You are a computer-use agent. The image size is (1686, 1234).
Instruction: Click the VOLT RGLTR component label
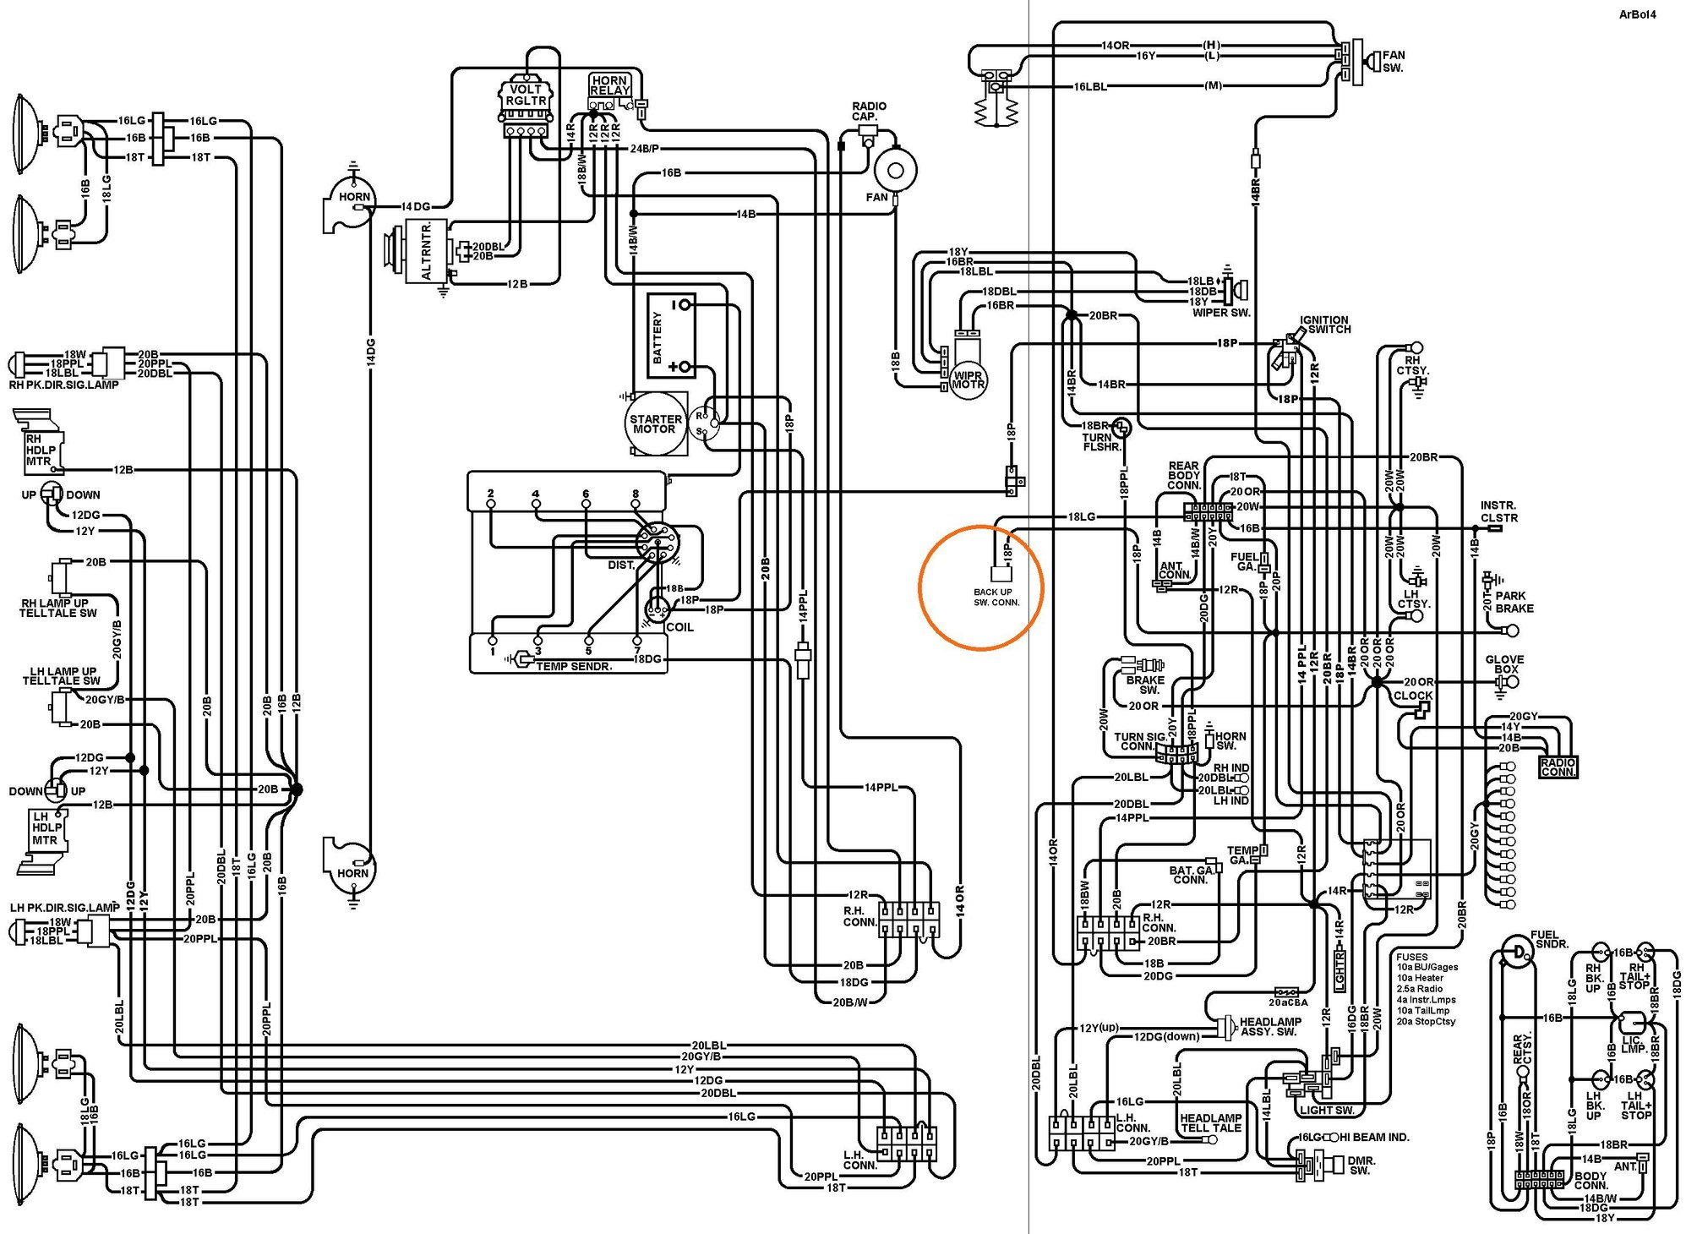click(526, 95)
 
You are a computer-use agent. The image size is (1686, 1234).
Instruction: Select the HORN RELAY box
click(609, 85)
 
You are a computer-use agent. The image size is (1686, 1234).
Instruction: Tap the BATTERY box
click(670, 336)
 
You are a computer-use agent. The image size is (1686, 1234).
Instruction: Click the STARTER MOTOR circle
click(655, 424)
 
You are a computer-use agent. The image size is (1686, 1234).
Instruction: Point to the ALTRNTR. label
click(427, 251)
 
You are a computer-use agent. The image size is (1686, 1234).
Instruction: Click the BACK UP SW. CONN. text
click(996, 598)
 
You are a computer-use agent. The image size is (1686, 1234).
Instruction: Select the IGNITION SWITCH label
click(1324, 325)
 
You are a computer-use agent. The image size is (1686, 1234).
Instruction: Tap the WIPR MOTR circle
click(968, 380)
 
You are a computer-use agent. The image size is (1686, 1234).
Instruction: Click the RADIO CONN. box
click(1557, 767)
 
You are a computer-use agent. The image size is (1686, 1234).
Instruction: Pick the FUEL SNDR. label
click(1551, 939)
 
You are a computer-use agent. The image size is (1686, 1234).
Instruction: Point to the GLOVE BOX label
click(1504, 664)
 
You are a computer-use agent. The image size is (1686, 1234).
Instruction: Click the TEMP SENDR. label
click(573, 667)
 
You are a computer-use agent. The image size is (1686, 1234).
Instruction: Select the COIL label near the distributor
click(679, 627)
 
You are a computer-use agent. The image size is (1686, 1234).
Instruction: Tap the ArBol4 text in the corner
click(1636, 14)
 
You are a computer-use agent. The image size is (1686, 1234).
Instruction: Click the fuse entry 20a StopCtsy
click(1425, 1021)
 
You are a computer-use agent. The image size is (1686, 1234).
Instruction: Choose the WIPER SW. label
click(1220, 313)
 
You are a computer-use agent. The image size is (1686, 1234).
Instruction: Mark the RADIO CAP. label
click(868, 111)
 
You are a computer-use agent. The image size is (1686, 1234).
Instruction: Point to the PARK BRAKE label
click(1514, 602)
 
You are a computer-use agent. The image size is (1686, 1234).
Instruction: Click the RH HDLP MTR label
click(39, 450)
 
